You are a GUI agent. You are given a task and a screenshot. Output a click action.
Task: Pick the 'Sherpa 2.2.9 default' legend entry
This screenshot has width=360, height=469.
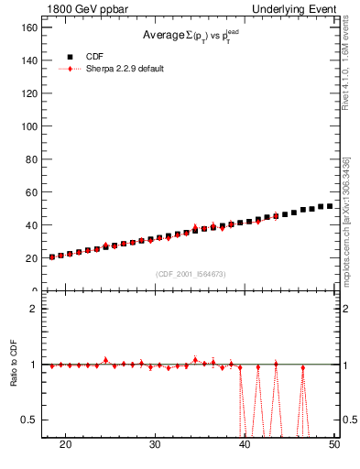[x=124, y=69]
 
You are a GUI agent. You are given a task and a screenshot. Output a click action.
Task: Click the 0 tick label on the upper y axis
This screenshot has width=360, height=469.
[x=33, y=290]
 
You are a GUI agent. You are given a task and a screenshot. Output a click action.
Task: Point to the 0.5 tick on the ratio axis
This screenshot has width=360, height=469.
[x=28, y=420]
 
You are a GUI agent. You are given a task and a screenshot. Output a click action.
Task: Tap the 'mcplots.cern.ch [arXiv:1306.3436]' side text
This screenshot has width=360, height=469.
[x=345, y=220]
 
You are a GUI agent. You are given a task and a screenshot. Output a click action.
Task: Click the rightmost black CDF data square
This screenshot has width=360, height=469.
[x=330, y=206]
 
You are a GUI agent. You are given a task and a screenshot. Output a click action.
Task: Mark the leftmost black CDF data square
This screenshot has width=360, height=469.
[x=52, y=256]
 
